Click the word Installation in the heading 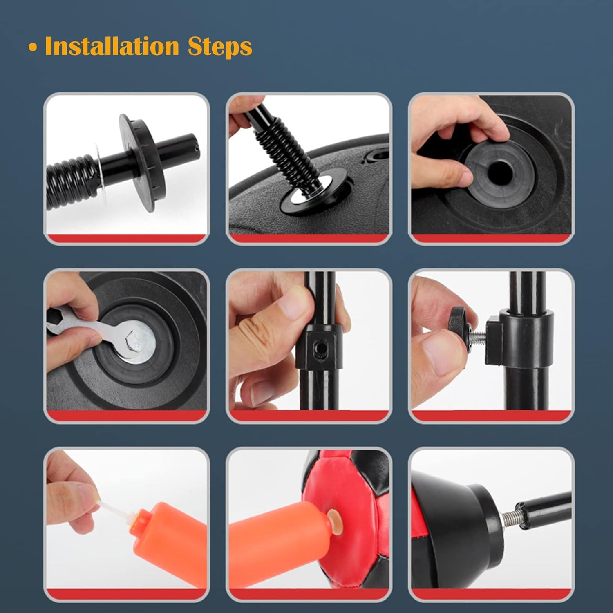(112, 46)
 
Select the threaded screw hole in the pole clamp (319, 348)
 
